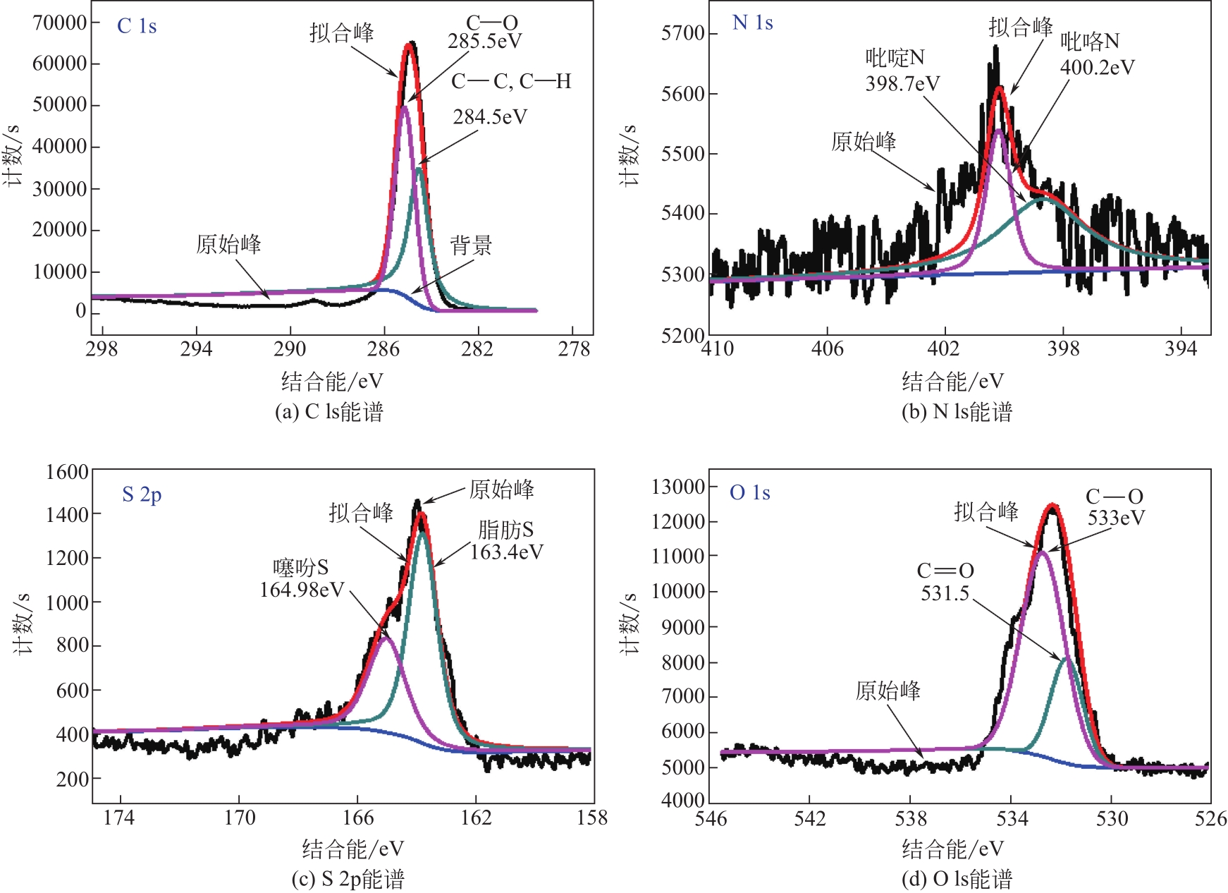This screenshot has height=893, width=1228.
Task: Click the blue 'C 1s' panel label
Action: coord(137,26)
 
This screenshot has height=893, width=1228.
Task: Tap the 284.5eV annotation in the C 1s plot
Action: coord(490,116)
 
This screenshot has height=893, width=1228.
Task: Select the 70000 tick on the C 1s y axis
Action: coord(60,23)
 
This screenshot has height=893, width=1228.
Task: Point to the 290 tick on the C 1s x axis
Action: coord(290,348)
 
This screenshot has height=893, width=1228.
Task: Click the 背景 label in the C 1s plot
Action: coord(471,245)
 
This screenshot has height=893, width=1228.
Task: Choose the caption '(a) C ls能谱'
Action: coord(329,411)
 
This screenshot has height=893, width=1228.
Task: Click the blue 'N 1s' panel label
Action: coord(752,23)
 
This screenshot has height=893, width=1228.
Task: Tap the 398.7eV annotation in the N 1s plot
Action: coord(902,84)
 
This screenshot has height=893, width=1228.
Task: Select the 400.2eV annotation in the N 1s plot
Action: coord(1098,67)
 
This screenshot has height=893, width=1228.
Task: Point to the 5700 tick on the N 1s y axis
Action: coord(683,33)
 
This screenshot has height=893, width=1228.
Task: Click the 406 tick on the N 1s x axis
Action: coord(827,348)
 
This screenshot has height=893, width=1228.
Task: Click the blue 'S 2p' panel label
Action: coord(142,494)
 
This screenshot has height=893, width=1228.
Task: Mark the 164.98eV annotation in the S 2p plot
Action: coord(302,590)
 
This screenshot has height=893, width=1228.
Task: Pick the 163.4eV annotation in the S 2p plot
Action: coord(507,552)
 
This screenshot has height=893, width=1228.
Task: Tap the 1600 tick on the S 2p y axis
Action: coord(67,472)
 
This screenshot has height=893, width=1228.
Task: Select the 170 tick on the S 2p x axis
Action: coord(240,818)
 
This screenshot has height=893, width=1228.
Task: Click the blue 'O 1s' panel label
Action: coord(749,492)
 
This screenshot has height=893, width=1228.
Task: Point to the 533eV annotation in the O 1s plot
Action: coord(1116,518)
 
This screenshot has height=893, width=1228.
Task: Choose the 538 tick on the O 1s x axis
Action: coord(911,818)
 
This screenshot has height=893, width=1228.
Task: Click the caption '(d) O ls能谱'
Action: coord(957,879)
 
